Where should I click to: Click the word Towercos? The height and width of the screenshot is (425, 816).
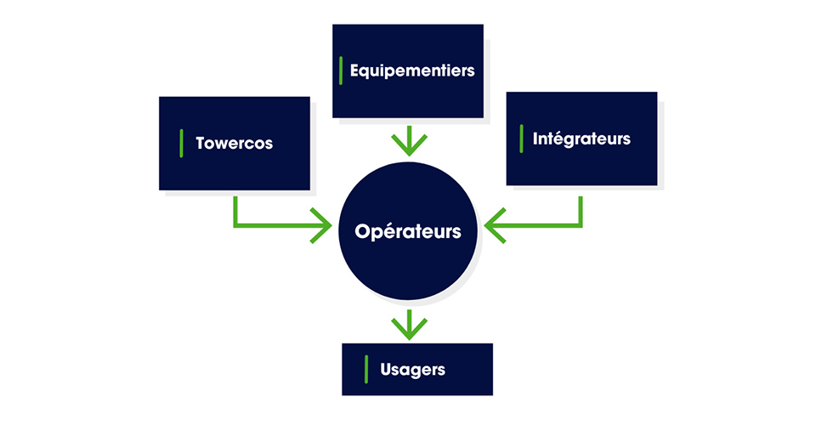tap(234, 143)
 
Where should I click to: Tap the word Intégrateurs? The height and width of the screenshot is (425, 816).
tap(581, 138)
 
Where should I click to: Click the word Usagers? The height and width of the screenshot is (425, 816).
tap(413, 370)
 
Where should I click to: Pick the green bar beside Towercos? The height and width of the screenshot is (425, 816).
tap(181, 143)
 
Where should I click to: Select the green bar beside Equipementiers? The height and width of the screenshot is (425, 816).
tap(341, 71)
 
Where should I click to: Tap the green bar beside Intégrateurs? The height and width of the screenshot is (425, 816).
tap(521, 139)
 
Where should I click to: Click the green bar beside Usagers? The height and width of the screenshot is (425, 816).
tap(365, 369)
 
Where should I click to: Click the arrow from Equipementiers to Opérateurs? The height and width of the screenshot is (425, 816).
tap(409, 140)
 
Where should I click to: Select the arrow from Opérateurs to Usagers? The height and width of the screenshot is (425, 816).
tap(409, 324)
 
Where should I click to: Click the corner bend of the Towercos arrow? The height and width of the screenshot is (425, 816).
tap(235, 226)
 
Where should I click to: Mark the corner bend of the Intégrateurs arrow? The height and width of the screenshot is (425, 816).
tap(581, 226)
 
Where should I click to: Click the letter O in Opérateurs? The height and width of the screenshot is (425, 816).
tap(362, 230)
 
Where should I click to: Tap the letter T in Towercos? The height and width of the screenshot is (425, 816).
tap(200, 143)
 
